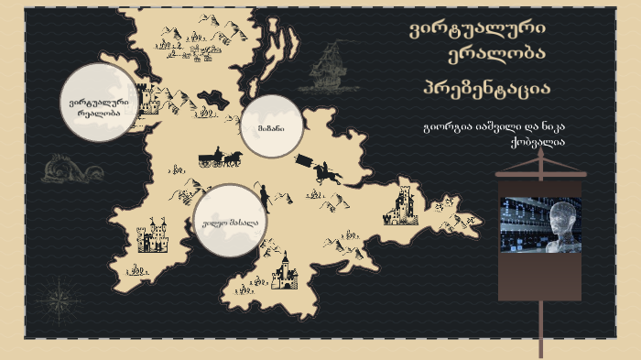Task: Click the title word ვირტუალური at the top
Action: pos(476,29)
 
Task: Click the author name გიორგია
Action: pos(448,126)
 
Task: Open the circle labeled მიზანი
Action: pos(270,127)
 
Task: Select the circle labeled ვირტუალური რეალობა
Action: pos(99,104)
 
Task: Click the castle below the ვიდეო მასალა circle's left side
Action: pos(152,235)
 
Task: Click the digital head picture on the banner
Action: pos(539,224)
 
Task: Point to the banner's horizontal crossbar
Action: pos(540,172)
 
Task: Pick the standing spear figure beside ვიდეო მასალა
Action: pos(264,196)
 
